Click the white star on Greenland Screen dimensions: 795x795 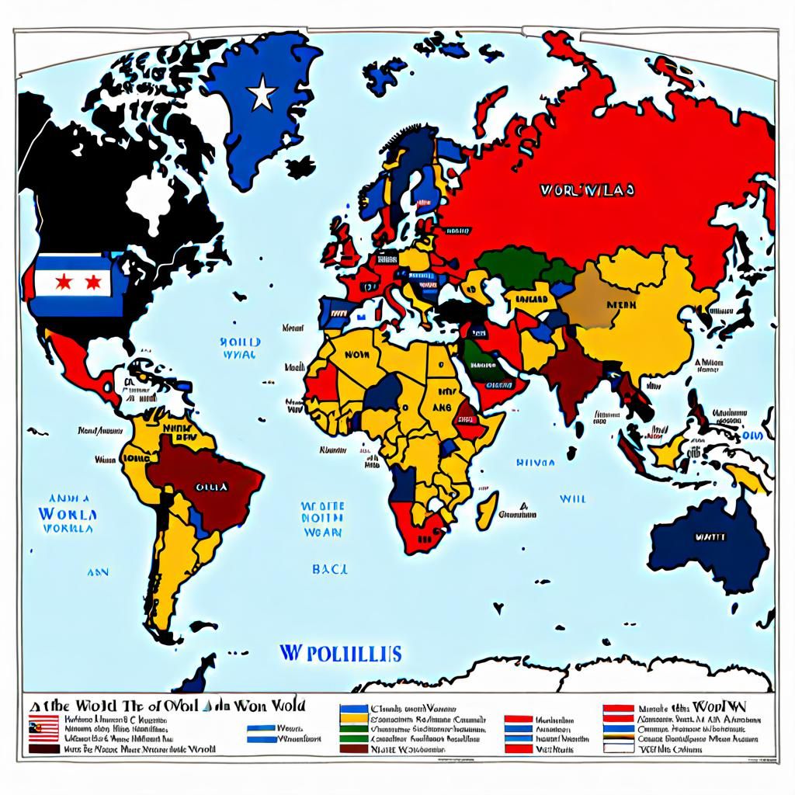click(262, 95)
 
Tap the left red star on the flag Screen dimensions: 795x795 click(63, 284)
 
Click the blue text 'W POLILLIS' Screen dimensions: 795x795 click(339, 653)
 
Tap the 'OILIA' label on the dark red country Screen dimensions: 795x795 click(211, 487)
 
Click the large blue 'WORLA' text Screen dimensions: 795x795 click(67, 514)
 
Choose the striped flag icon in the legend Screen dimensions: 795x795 click(45, 728)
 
